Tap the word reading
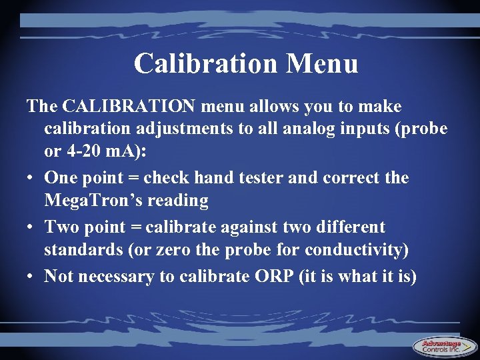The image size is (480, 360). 181,201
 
